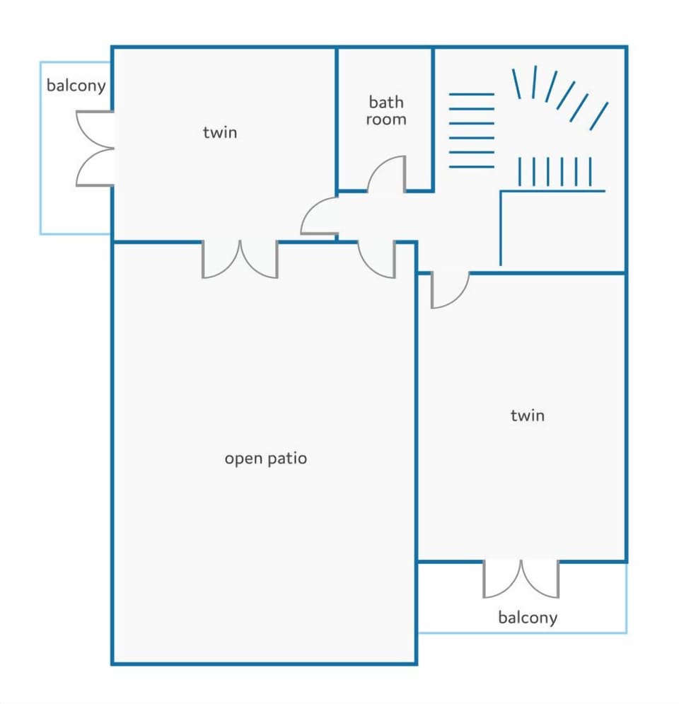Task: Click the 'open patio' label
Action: coord(266,458)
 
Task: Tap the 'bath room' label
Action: coord(386,110)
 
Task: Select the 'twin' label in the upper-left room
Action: coord(220,132)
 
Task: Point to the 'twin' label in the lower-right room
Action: coord(528,415)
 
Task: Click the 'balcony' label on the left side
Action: coord(76,86)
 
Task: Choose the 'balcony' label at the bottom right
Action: coord(528,618)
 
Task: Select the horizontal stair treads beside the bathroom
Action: coord(471,131)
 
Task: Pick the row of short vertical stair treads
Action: coord(555,171)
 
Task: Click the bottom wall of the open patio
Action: coord(265,663)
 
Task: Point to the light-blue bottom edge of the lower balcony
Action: coord(523,633)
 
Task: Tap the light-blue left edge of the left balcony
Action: coord(41,148)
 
